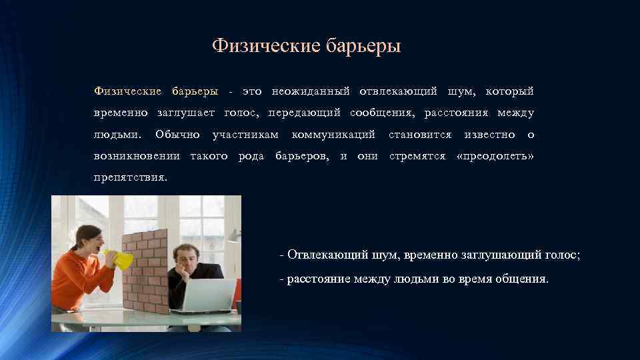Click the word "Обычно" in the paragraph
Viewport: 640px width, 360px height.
(177, 135)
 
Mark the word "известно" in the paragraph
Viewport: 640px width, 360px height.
(489, 135)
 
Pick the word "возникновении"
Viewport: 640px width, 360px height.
(137, 157)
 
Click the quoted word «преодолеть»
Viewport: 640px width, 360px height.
(496, 157)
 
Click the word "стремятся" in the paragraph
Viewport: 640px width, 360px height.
(417, 157)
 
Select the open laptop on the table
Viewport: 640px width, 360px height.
(206, 297)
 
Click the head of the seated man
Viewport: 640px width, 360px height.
(185, 255)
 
